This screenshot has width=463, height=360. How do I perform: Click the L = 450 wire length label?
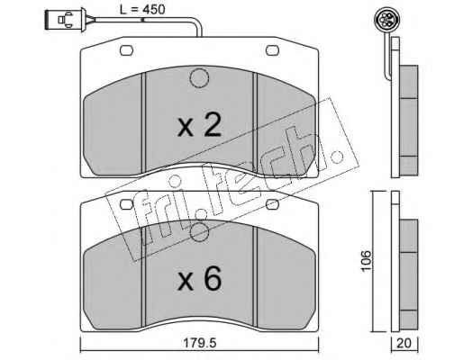tap(142, 10)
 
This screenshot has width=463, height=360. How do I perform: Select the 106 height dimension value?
tap(367, 260)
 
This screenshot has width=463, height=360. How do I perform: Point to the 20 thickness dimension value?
tap(404, 343)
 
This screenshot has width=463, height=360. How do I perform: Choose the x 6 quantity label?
tap(200, 279)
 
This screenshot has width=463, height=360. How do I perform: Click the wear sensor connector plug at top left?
tap(66, 20)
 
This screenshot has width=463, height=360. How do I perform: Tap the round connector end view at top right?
tap(385, 19)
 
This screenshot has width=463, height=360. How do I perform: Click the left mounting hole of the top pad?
tap(126, 50)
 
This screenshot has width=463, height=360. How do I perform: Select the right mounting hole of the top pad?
tap(273, 50)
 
